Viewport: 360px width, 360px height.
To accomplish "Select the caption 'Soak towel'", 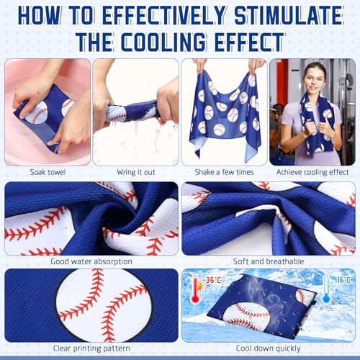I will click(48, 173).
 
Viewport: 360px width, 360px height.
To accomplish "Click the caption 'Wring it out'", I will click(136, 173).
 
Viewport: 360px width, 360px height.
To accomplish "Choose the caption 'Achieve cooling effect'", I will click(312, 173).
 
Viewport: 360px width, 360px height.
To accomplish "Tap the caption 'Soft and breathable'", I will click(269, 261).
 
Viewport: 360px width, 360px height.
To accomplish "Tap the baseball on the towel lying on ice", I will click(248, 313).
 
